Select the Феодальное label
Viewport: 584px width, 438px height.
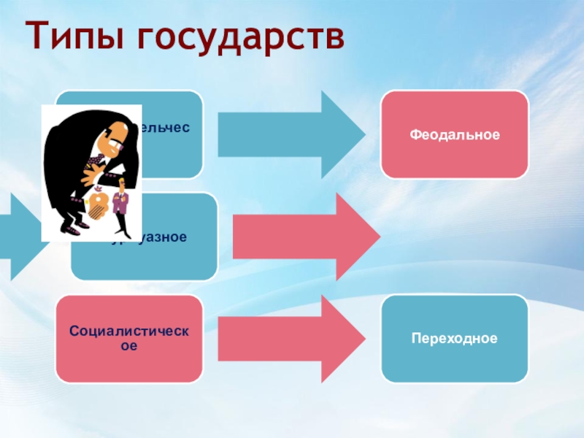pos(454,135)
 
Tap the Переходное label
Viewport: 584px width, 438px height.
pos(454,339)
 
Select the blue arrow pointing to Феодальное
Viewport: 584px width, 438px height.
pos(292,135)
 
